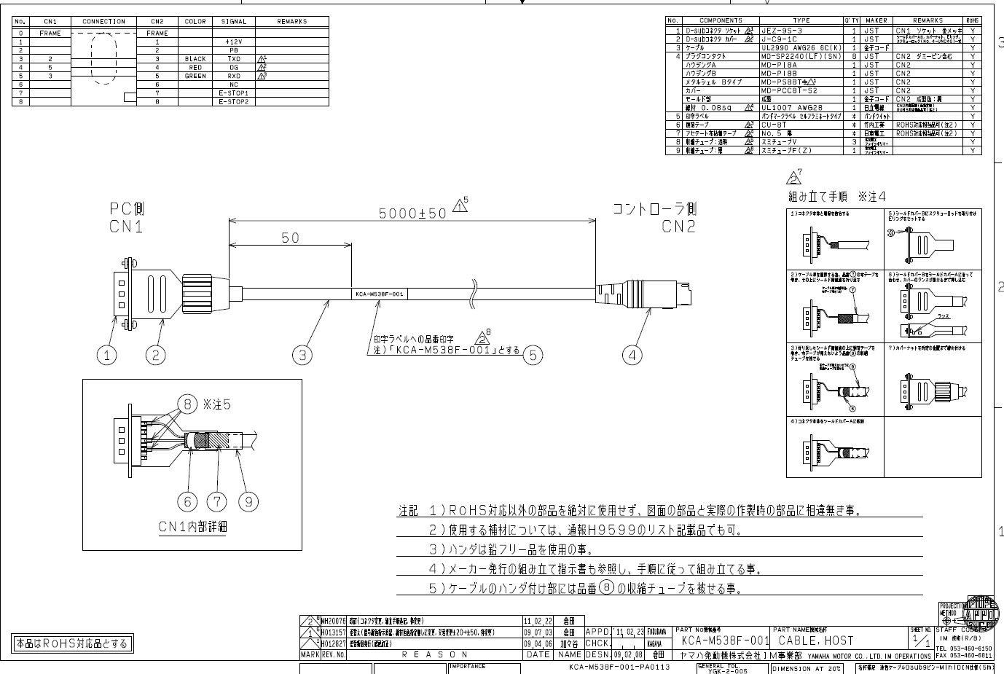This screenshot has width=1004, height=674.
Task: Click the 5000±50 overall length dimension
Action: point(412,213)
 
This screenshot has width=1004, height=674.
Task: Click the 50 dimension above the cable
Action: point(290,238)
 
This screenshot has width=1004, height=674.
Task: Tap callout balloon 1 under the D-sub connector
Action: point(107,355)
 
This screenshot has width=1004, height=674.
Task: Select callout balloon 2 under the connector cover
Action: point(155,355)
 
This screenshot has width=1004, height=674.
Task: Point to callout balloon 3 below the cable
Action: point(302,355)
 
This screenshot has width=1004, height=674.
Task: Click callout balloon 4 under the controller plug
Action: point(632,355)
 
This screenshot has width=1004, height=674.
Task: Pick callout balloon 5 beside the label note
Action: point(533,355)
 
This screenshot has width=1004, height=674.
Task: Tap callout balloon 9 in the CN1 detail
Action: point(249,501)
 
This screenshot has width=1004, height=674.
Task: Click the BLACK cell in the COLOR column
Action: point(195,59)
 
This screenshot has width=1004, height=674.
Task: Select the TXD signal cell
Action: point(234,59)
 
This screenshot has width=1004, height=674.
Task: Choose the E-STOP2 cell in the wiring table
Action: point(234,101)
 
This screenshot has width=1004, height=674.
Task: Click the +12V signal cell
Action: point(234,42)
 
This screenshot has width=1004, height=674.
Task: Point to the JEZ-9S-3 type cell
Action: point(781,31)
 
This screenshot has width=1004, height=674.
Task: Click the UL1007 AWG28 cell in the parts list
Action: point(791,107)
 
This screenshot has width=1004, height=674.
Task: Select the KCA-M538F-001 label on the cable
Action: point(379,294)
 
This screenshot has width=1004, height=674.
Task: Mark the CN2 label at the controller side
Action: point(678,227)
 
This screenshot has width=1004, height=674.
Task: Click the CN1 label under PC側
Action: point(126,227)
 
